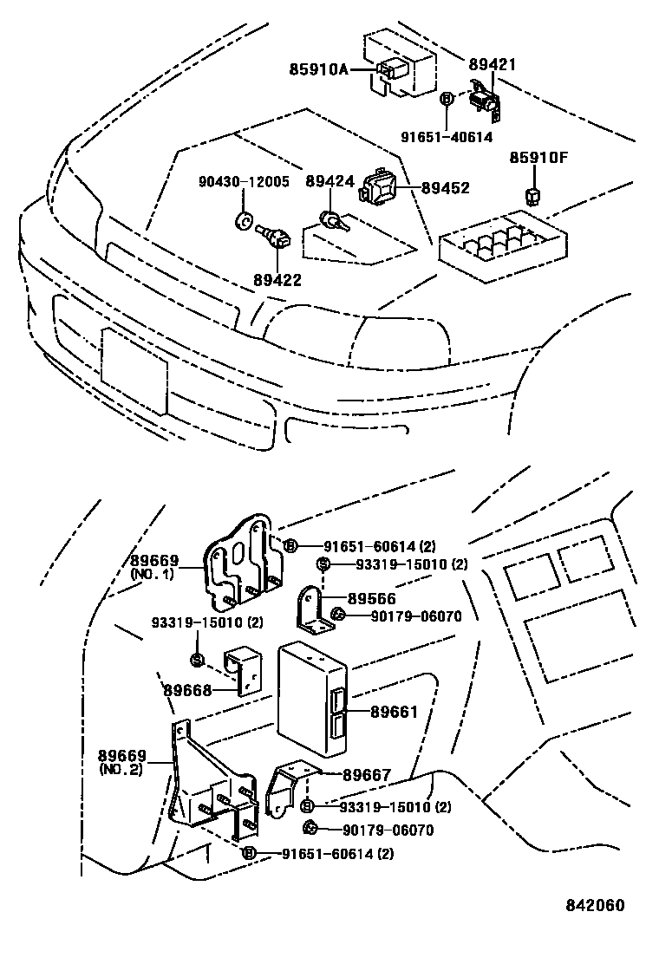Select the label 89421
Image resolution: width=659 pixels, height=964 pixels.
point(492,64)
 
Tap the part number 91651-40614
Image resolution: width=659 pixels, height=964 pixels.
point(447,137)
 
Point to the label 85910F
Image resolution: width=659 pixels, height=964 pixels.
point(538,159)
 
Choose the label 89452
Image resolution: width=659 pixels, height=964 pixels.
point(445,186)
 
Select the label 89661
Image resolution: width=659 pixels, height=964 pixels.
point(395,712)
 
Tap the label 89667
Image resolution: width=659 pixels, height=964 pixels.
point(366,775)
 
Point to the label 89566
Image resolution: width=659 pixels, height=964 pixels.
point(372,598)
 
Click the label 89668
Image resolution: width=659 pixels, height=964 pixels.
point(187,690)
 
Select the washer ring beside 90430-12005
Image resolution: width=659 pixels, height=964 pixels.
point(244,219)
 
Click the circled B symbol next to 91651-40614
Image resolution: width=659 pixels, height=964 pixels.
point(447,100)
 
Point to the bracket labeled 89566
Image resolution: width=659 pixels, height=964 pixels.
point(313,611)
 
